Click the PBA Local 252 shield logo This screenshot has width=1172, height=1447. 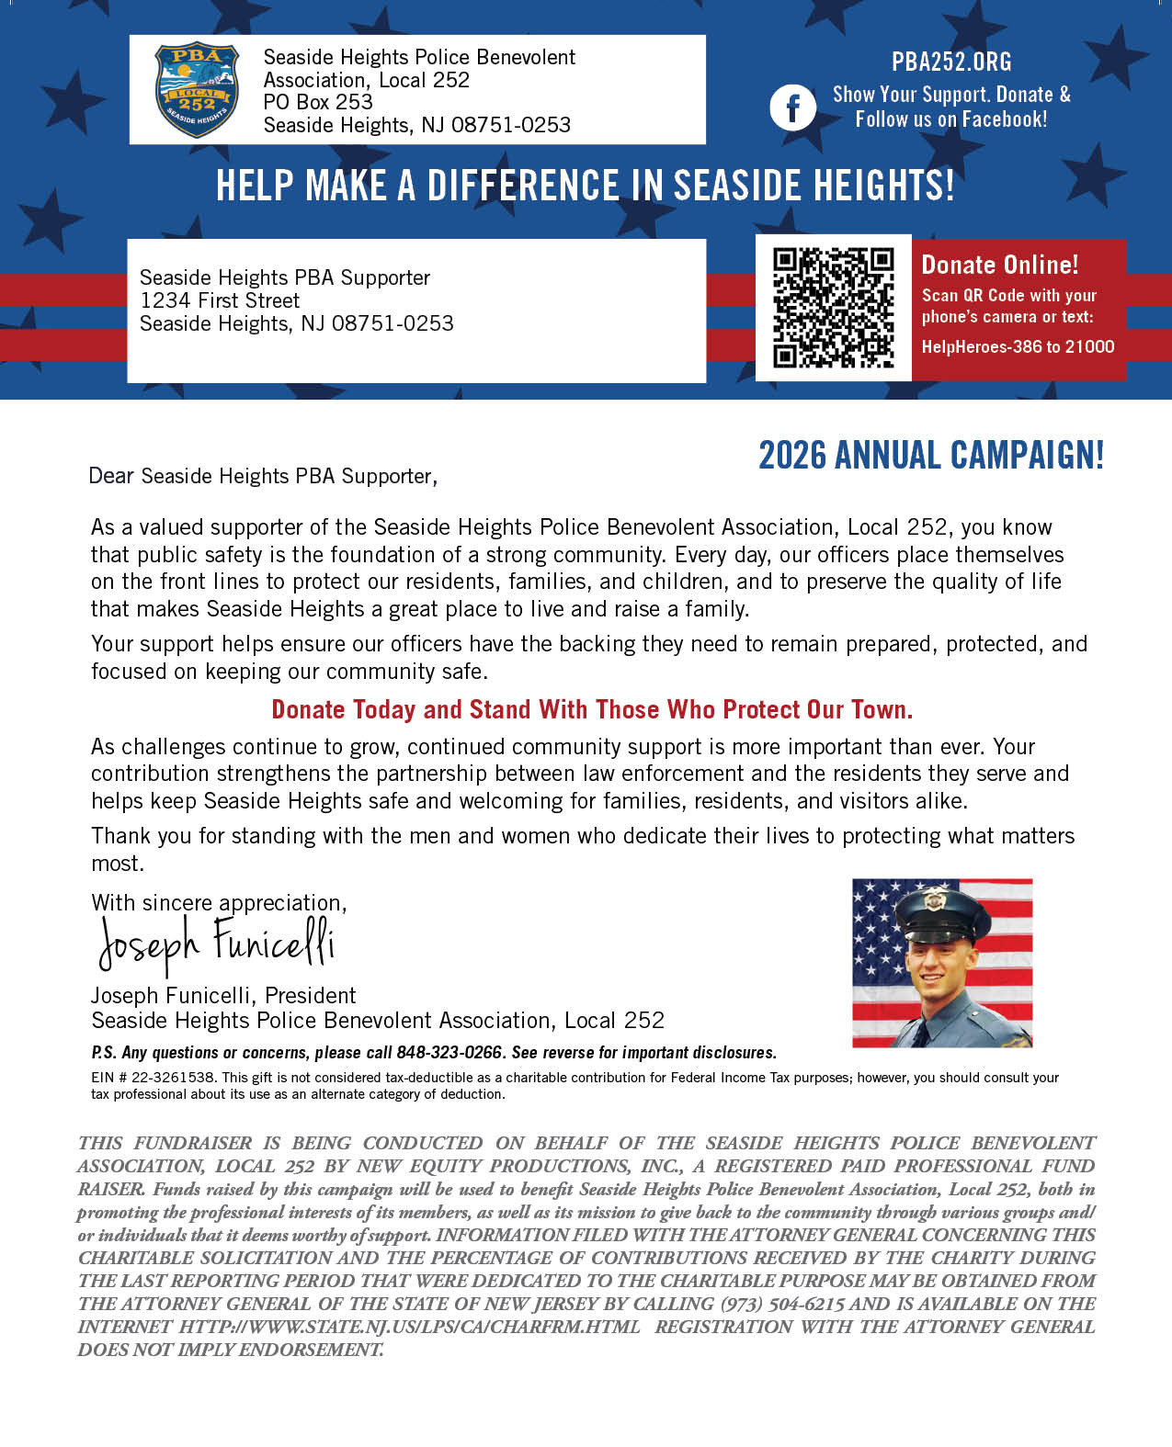click(197, 90)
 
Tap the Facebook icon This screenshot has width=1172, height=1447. click(792, 107)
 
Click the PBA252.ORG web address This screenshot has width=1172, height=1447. click(950, 62)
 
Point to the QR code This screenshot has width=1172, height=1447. click(833, 308)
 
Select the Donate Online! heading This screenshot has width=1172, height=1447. click(1000, 265)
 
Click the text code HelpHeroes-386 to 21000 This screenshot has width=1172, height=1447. click(1018, 346)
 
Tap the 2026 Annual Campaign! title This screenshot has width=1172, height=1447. click(930, 456)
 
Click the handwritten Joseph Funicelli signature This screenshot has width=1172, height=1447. click(217, 944)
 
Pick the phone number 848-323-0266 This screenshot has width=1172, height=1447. click(449, 1053)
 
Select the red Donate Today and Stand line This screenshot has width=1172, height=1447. click(592, 709)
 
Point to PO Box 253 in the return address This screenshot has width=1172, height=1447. click(318, 102)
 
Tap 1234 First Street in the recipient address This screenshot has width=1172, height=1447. click(220, 300)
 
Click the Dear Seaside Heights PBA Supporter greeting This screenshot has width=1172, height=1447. click(263, 476)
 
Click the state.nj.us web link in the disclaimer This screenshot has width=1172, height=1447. click(409, 1327)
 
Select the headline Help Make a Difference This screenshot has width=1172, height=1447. click(585, 186)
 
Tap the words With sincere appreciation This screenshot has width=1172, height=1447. click(219, 902)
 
